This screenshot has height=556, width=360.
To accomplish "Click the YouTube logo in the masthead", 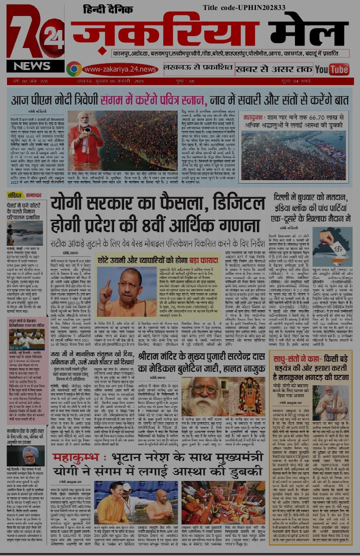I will click(x=332, y=69).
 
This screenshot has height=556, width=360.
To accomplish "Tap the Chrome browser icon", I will click(x=74, y=69).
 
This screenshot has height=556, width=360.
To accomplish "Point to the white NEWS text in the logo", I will click(x=32, y=66).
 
